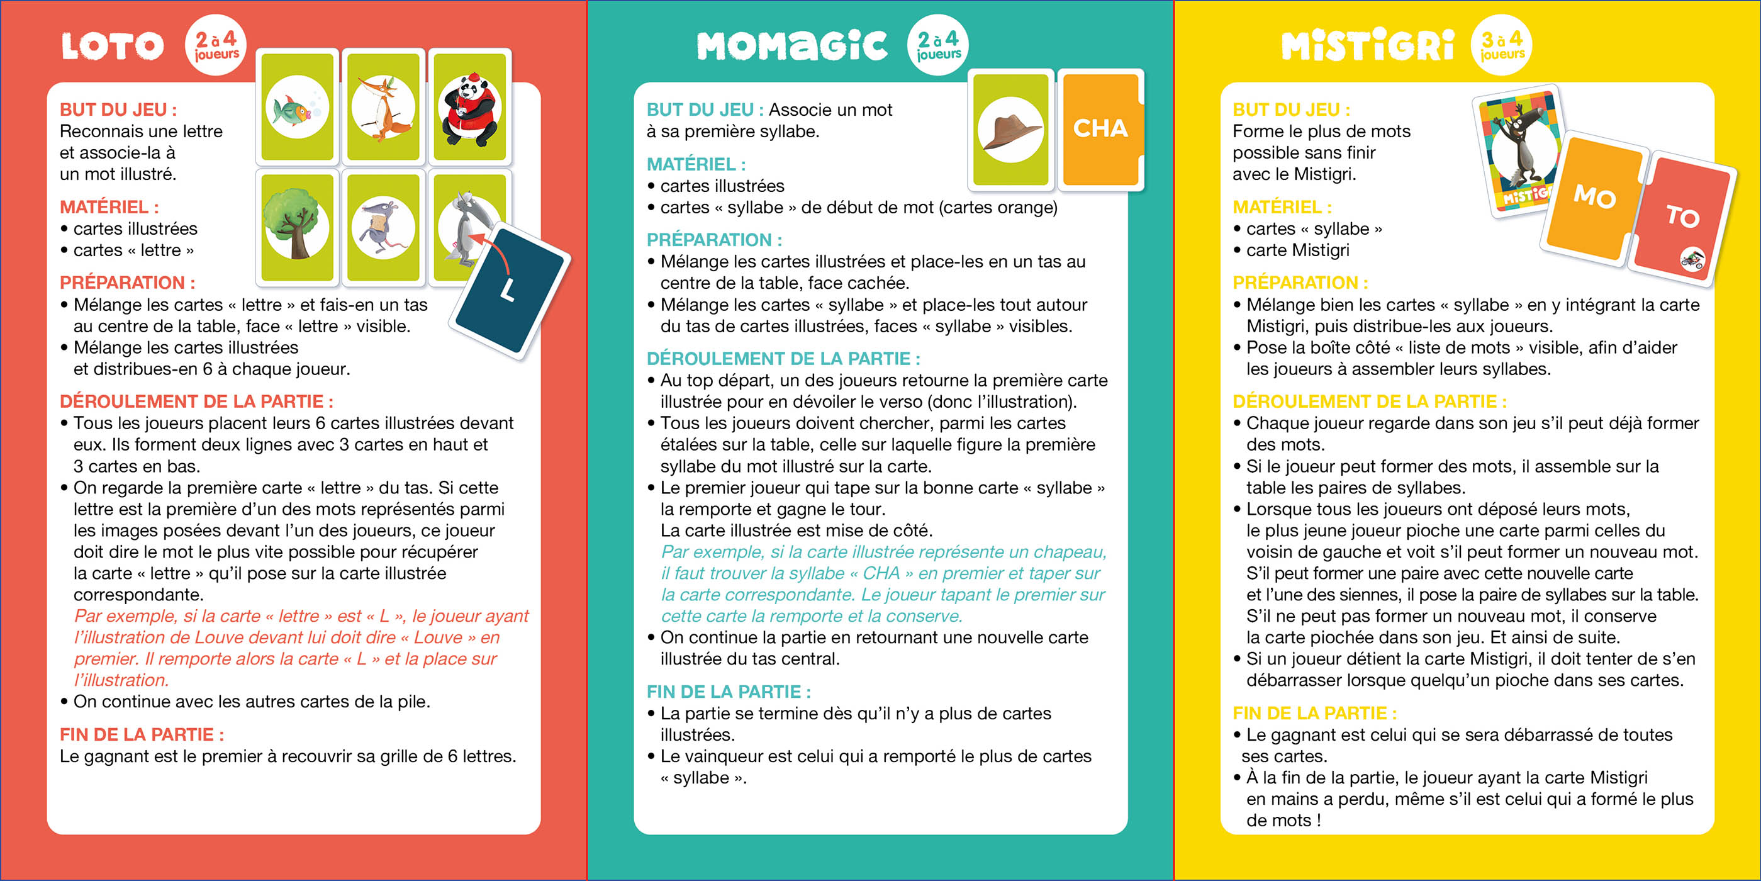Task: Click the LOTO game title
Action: click(x=113, y=46)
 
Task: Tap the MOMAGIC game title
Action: click(x=791, y=46)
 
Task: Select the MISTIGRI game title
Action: click(x=1367, y=46)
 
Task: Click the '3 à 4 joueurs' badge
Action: click(x=1501, y=45)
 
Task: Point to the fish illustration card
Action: click(x=298, y=108)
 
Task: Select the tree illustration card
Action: click(x=298, y=227)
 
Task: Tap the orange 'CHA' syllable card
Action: click(x=1100, y=128)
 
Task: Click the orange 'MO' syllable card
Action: click(x=1595, y=198)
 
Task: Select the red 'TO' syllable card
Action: click(x=1682, y=218)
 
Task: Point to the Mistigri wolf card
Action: click(x=1519, y=150)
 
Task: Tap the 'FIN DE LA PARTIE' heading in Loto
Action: click(x=142, y=734)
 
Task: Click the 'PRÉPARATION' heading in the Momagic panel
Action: click(x=714, y=240)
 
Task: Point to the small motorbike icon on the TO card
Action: click(x=1692, y=259)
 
